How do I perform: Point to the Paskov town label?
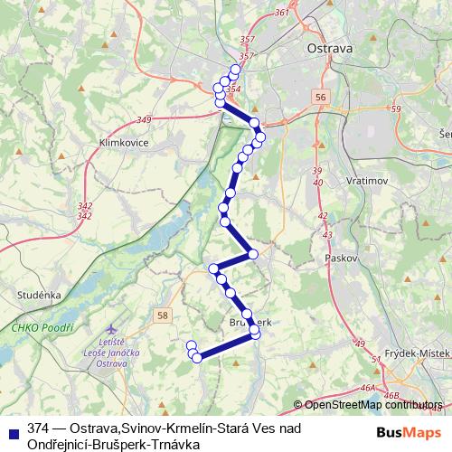pyautogui.click(x=342, y=258)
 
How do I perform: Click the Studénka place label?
pyautogui.click(x=38, y=295)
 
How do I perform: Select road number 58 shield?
pyautogui.click(x=161, y=315)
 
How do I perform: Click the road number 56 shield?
pyautogui.click(x=321, y=96)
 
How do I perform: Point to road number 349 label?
pyautogui.click(x=144, y=120)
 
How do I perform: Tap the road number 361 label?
pyautogui.click(x=281, y=13)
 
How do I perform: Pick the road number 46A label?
pyautogui.click(x=367, y=387)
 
